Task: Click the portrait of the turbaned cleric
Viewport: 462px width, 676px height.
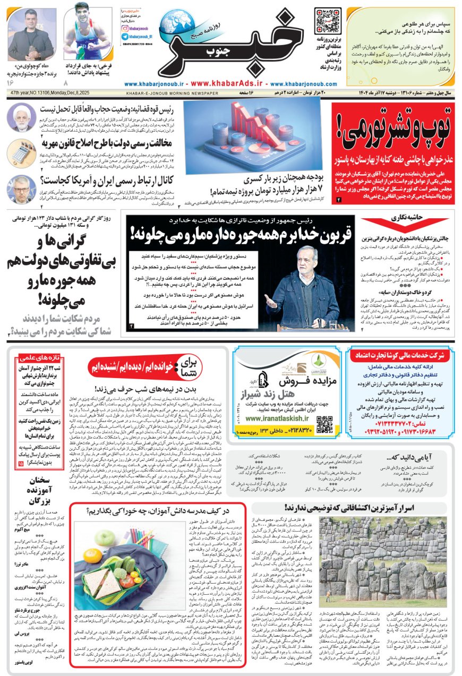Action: (21, 117)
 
